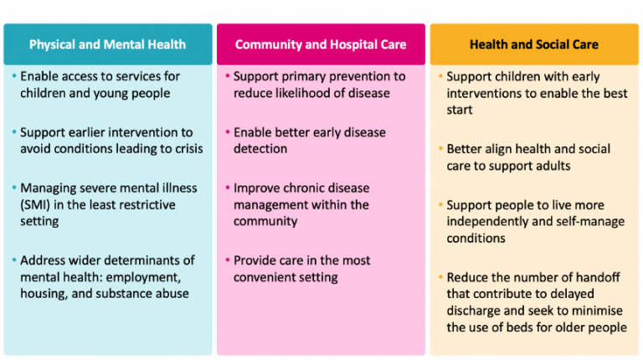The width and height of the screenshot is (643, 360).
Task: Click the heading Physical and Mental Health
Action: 107,44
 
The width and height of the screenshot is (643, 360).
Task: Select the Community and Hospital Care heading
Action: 321,44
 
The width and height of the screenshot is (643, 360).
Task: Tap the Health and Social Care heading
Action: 533,44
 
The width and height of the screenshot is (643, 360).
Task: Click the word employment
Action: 154,277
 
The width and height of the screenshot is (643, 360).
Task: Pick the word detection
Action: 261,149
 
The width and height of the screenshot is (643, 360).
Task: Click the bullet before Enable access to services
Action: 13,76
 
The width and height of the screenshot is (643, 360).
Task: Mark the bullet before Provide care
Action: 227,260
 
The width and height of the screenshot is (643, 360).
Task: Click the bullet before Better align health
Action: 440,149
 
